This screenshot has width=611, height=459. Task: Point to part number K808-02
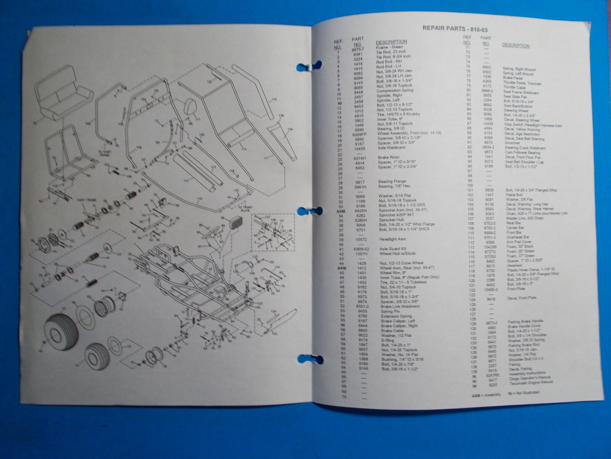pos(358,249)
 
